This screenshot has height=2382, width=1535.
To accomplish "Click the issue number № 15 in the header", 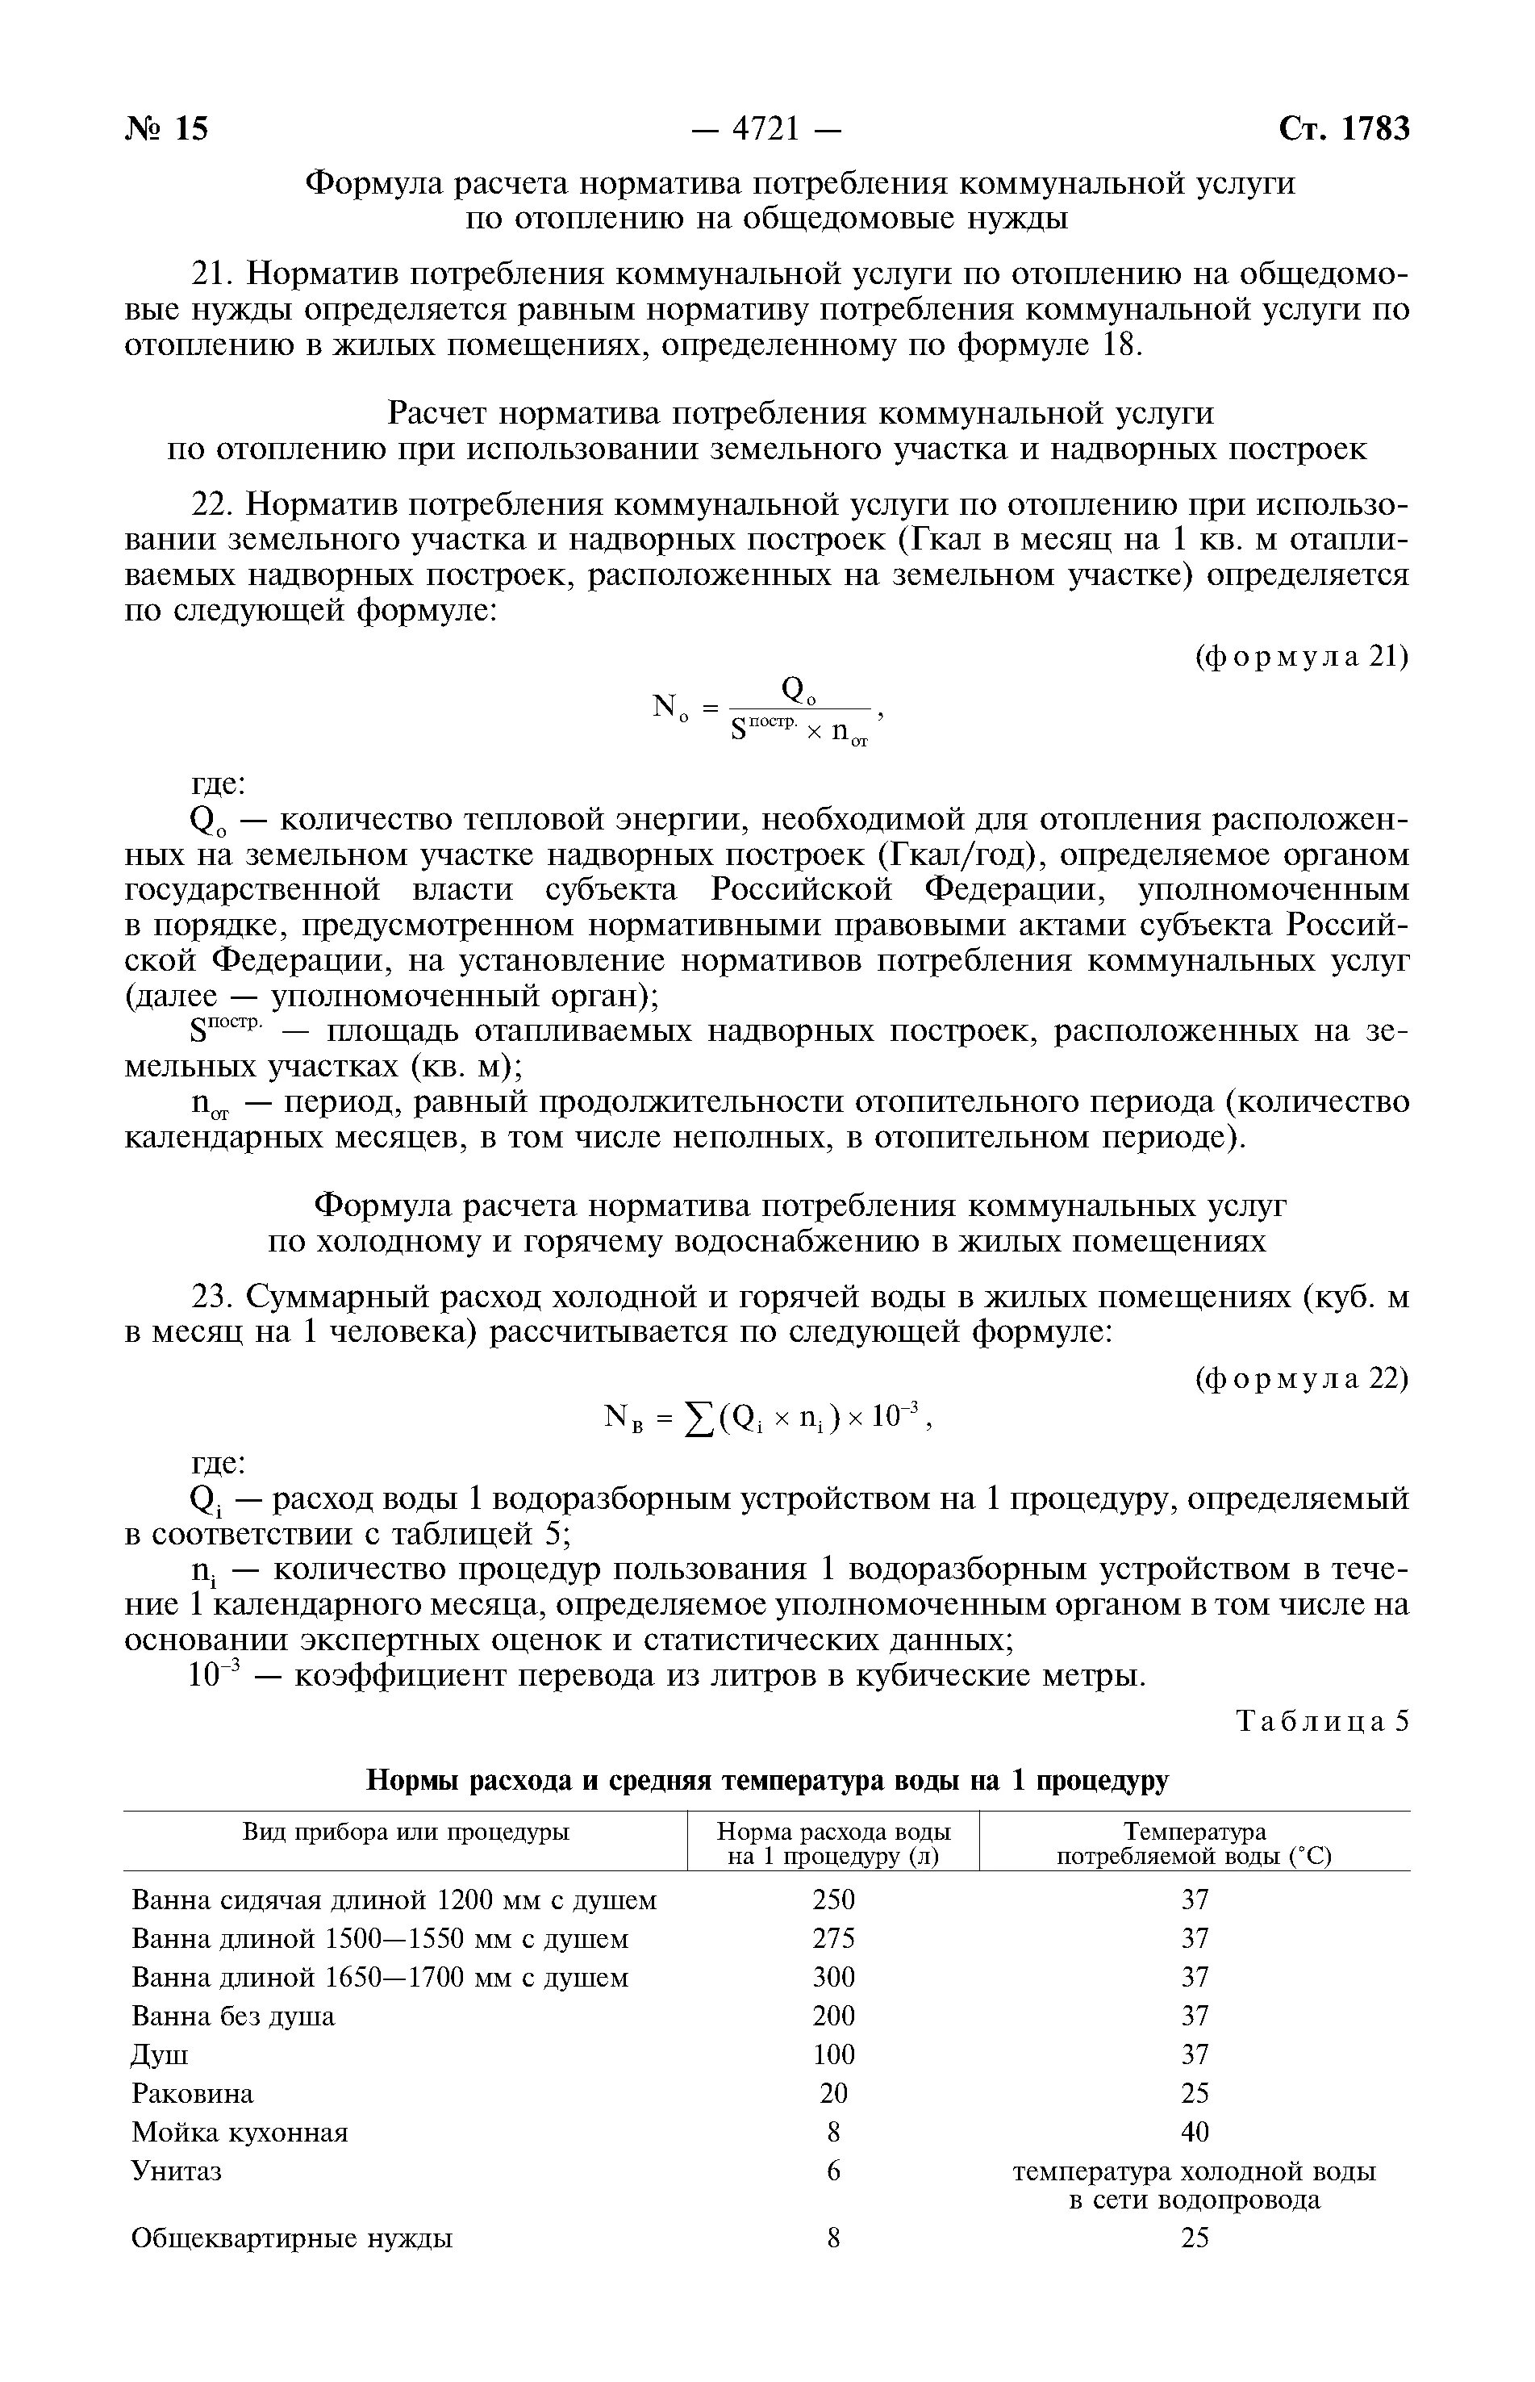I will click(x=166, y=130).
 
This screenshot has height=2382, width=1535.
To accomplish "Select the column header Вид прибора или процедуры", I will click(x=406, y=1832).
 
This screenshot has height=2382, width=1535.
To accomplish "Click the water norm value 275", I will click(x=833, y=1938).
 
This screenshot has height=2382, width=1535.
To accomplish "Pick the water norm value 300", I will click(x=833, y=1976).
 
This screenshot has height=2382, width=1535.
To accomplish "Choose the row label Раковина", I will click(x=192, y=2093).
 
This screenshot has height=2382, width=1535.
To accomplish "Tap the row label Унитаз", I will click(x=177, y=2171).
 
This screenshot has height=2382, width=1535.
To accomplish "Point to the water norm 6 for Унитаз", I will click(x=833, y=2171).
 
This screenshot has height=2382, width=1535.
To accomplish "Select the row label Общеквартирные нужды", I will click(x=292, y=2238).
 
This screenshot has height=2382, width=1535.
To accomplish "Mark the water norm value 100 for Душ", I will click(x=833, y=2054).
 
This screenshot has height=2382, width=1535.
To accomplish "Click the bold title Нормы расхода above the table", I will click(x=768, y=1780).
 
